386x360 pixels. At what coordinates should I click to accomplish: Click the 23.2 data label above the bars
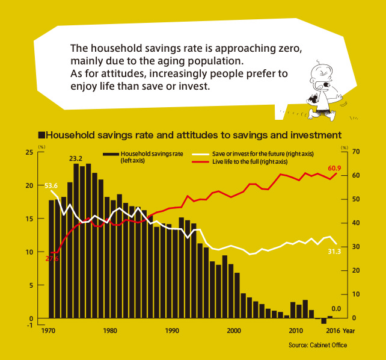[76, 158]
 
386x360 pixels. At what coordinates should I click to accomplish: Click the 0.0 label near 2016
[336, 309]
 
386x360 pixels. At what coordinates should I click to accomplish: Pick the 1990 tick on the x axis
[172, 331]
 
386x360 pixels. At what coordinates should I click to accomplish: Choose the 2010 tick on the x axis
[295, 331]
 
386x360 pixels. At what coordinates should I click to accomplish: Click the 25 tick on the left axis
[29, 152]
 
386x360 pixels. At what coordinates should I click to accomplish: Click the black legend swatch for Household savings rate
[111, 154]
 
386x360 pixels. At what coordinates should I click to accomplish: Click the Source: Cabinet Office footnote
[317, 345]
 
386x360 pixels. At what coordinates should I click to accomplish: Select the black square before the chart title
[41, 135]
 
